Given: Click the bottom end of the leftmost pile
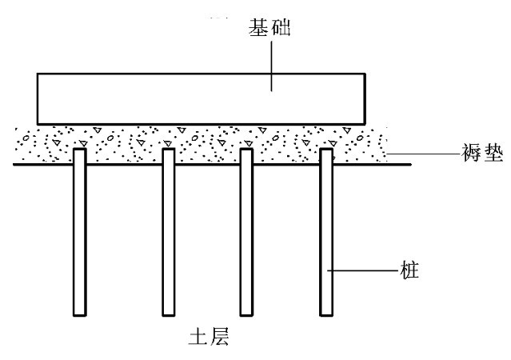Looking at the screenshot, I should tap(78, 313).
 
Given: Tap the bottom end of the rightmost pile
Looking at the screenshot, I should tap(326, 313).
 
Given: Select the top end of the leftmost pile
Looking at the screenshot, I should tap(78, 149).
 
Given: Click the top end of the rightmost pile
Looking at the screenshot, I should tap(326, 149).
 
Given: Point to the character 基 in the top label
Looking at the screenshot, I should tap(260, 31).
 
